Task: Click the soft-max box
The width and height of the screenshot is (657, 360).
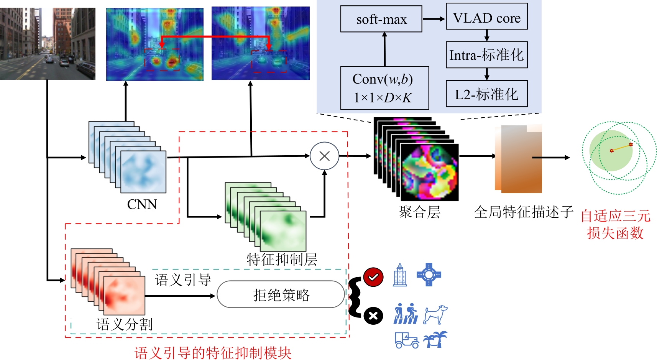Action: click(x=381, y=19)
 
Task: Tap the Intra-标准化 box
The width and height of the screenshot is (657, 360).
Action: click(x=486, y=55)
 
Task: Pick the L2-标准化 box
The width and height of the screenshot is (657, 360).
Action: click(x=486, y=94)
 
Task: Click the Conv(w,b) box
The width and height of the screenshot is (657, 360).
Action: click(x=384, y=88)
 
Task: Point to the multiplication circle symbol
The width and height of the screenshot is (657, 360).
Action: click(x=324, y=156)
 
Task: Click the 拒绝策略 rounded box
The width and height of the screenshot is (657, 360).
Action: click(x=281, y=294)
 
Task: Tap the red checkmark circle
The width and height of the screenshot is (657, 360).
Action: click(x=373, y=277)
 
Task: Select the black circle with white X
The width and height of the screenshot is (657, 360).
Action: click(x=373, y=316)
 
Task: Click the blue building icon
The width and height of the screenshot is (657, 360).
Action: click(x=400, y=275)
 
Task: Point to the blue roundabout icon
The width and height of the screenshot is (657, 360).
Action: click(x=429, y=275)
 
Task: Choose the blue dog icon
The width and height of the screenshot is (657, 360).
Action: click(x=435, y=314)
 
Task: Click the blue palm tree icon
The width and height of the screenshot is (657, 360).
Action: click(x=435, y=339)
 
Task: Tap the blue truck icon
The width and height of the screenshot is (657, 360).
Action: click(x=406, y=340)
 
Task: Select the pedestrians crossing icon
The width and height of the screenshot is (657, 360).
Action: click(x=406, y=314)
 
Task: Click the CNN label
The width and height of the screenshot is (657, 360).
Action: click(x=142, y=204)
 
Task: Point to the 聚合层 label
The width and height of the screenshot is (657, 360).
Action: click(x=419, y=212)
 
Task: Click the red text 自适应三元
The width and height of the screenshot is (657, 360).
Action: click(x=615, y=216)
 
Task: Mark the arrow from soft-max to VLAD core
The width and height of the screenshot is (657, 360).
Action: click(x=434, y=19)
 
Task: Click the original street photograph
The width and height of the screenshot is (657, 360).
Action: click(x=48, y=43)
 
